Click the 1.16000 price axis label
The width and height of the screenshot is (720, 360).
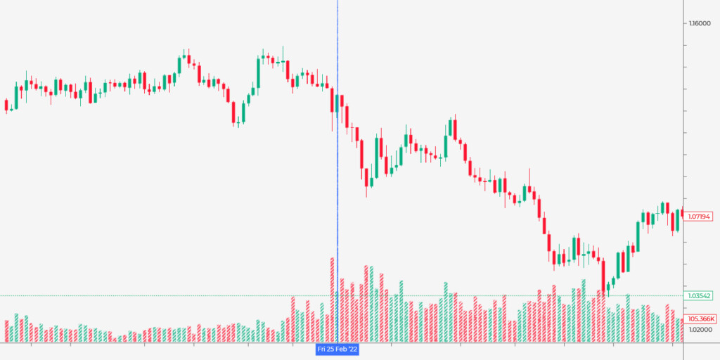[700, 24]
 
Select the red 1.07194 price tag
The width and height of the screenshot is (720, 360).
[701, 217]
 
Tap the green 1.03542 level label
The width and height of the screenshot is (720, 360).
[701, 295]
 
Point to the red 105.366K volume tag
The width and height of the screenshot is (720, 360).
[701, 319]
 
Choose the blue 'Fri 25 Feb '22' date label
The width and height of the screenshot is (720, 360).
[337, 349]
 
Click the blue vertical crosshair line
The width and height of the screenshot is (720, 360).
[337, 176]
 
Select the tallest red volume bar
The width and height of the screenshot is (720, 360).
[332, 300]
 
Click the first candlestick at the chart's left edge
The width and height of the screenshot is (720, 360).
[6, 105]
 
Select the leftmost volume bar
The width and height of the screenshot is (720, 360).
[6, 331]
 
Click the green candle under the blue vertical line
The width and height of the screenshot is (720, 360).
[337, 103]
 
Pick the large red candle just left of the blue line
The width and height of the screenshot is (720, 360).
[332, 101]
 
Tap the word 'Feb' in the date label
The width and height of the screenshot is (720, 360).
[342, 349]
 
